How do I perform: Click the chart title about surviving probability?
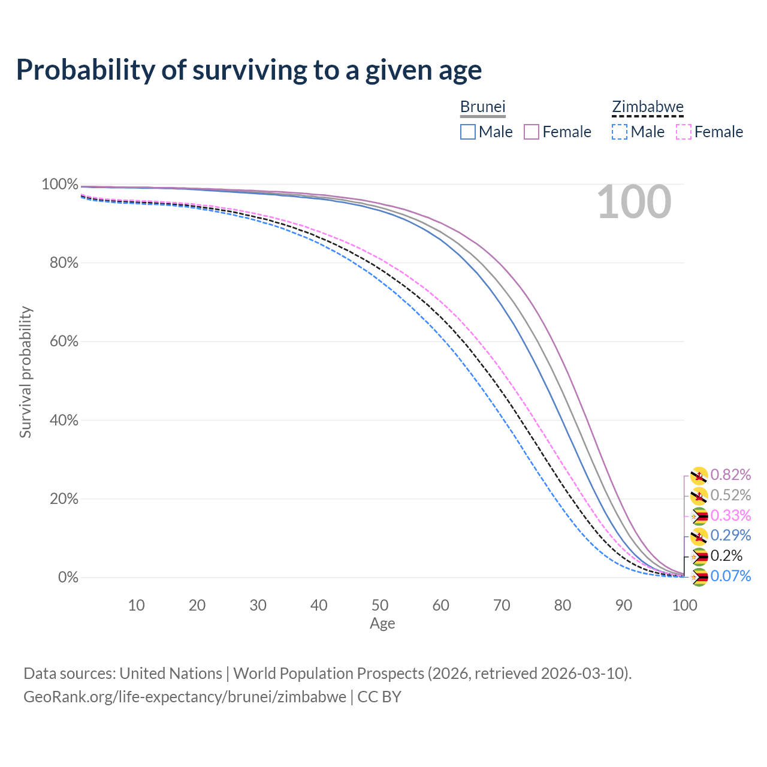249,70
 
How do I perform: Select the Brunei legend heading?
482,107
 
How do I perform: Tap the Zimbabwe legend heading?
647,107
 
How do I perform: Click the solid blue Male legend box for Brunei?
468,132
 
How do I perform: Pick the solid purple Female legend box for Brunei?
532,132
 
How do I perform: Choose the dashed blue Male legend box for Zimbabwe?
620,132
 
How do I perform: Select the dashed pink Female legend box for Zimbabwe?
684,132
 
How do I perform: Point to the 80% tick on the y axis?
60,262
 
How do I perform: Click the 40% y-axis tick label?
60,420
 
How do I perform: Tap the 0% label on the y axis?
68,578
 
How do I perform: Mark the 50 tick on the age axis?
379,605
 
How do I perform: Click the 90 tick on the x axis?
623,605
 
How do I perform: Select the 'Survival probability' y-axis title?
25,372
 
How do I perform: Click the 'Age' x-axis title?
382,624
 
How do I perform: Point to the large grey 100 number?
634,202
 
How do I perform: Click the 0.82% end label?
730,475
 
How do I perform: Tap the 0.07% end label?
730,576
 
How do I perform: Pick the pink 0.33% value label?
730,515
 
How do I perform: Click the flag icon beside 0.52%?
699,496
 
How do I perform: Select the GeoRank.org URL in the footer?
185,697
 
